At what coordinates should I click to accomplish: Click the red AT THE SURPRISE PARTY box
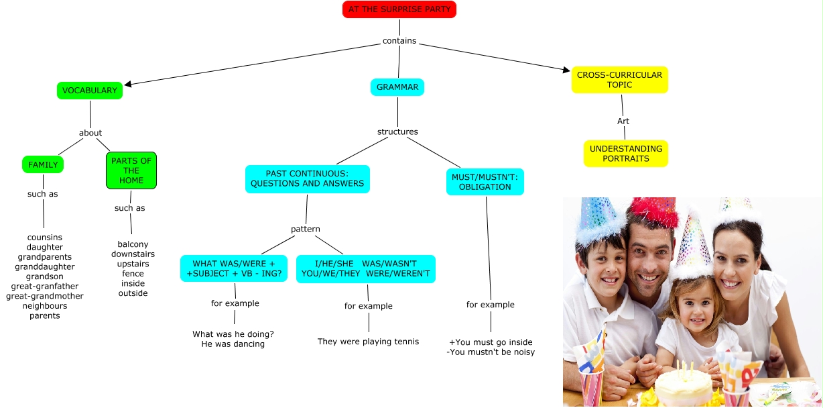(x=399, y=9)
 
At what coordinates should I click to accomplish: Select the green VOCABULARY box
(x=90, y=91)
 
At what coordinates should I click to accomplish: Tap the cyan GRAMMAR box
(x=397, y=87)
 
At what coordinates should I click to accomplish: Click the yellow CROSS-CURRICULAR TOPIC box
(x=619, y=80)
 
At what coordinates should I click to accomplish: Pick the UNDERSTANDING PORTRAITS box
(x=626, y=154)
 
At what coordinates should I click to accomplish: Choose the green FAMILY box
(x=43, y=164)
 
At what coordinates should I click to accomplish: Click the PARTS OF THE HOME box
(x=131, y=170)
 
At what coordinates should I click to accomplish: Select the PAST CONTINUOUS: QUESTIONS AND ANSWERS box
(x=307, y=178)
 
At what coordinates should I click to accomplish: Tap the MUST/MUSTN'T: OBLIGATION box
(x=485, y=182)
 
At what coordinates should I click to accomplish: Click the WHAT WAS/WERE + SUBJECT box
(x=234, y=268)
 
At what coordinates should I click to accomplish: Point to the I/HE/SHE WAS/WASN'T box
(x=366, y=268)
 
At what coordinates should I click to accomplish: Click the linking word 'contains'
(x=399, y=41)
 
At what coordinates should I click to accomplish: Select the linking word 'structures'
(x=397, y=132)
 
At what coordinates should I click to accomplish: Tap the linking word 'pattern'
(x=306, y=229)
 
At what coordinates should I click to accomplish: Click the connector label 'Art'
(x=623, y=121)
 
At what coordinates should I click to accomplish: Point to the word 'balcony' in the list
(x=133, y=244)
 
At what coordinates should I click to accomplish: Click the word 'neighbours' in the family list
(x=45, y=306)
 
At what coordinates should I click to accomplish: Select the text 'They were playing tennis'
(x=368, y=342)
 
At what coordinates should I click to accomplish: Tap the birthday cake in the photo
(x=684, y=386)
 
